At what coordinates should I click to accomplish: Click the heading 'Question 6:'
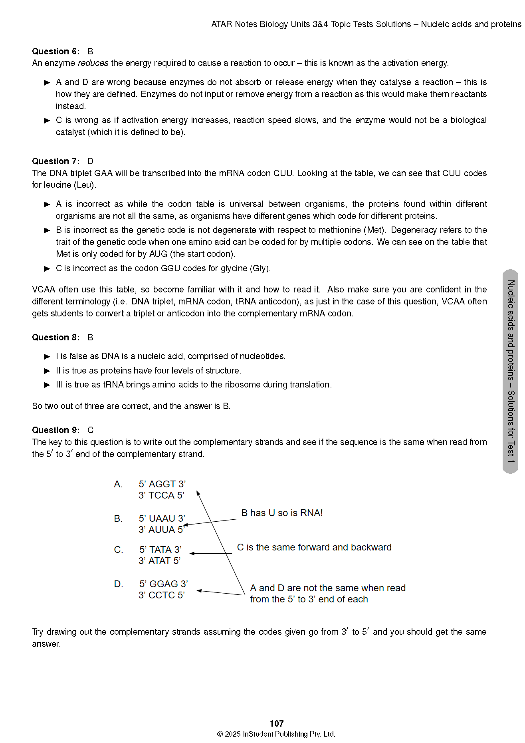55,51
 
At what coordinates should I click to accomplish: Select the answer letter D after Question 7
91,161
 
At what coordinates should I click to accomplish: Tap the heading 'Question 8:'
55,337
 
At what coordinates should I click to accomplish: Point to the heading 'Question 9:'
55,430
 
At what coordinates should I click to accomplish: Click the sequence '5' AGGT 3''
162,484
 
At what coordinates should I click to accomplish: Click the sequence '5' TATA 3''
160,550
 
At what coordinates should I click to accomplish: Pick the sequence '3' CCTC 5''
162,595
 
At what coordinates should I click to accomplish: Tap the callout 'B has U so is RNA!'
282,513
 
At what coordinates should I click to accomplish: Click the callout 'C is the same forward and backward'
314,547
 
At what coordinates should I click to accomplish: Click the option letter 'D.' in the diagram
119,584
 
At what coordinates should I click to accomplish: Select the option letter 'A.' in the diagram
118,484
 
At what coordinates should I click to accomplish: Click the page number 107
276,723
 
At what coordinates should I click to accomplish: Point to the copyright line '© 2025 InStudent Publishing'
276,734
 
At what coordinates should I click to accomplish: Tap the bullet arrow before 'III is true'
48,385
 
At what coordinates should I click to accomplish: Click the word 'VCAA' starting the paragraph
44,290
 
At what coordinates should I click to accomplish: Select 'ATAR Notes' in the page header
234,24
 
